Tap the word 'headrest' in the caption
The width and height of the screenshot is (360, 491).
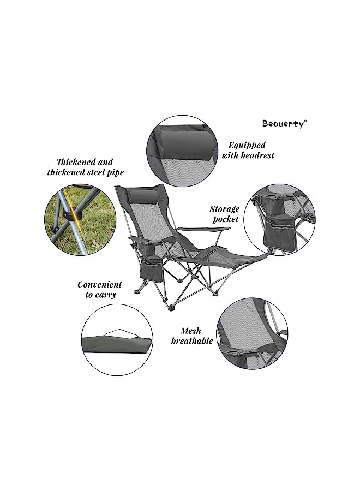tap(256, 155)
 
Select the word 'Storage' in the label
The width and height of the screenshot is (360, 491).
tap(224, 209)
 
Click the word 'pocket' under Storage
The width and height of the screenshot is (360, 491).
tap(226, 219)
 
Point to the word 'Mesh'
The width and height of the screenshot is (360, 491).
tap(191, 331)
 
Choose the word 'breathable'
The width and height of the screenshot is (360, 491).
tap(192, 340)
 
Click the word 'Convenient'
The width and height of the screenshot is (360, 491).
tap(100, 285)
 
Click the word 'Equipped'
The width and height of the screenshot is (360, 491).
tap(247, 145)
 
